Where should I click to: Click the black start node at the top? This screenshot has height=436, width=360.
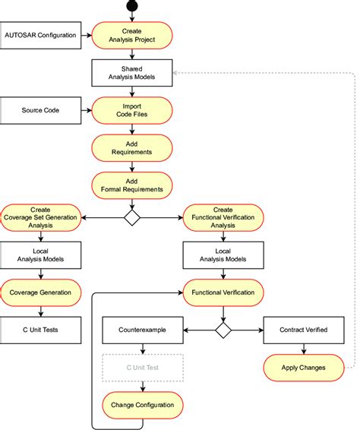tap(132, 5)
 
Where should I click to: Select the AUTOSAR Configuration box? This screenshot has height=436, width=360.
tap(40, 35)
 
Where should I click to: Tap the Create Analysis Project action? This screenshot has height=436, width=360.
tap(132, 35)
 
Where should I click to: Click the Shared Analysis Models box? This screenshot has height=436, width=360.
tap(132, 73)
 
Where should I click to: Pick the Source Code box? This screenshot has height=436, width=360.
tap(40, 110)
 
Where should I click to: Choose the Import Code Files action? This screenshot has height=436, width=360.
tap(132, 110)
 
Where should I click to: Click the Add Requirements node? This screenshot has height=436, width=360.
tap(132, 147)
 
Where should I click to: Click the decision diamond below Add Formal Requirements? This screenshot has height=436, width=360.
tap(132, 218)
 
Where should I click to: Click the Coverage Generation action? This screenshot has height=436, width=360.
tap(41, 292)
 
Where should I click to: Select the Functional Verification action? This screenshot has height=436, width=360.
tap(223, 292)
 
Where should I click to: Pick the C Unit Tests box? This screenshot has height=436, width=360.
tap(41, 330)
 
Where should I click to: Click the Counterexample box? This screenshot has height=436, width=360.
tap(143, 330)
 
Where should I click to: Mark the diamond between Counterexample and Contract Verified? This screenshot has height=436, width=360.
tap(223, 330)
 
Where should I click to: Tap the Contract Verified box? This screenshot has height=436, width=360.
tap(305, 330)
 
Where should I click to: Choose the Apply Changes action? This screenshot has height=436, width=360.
tap(305, 368)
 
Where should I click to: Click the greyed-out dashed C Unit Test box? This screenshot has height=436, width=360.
tap(143, 368)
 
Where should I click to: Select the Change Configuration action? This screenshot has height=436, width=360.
tap(143, 404)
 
